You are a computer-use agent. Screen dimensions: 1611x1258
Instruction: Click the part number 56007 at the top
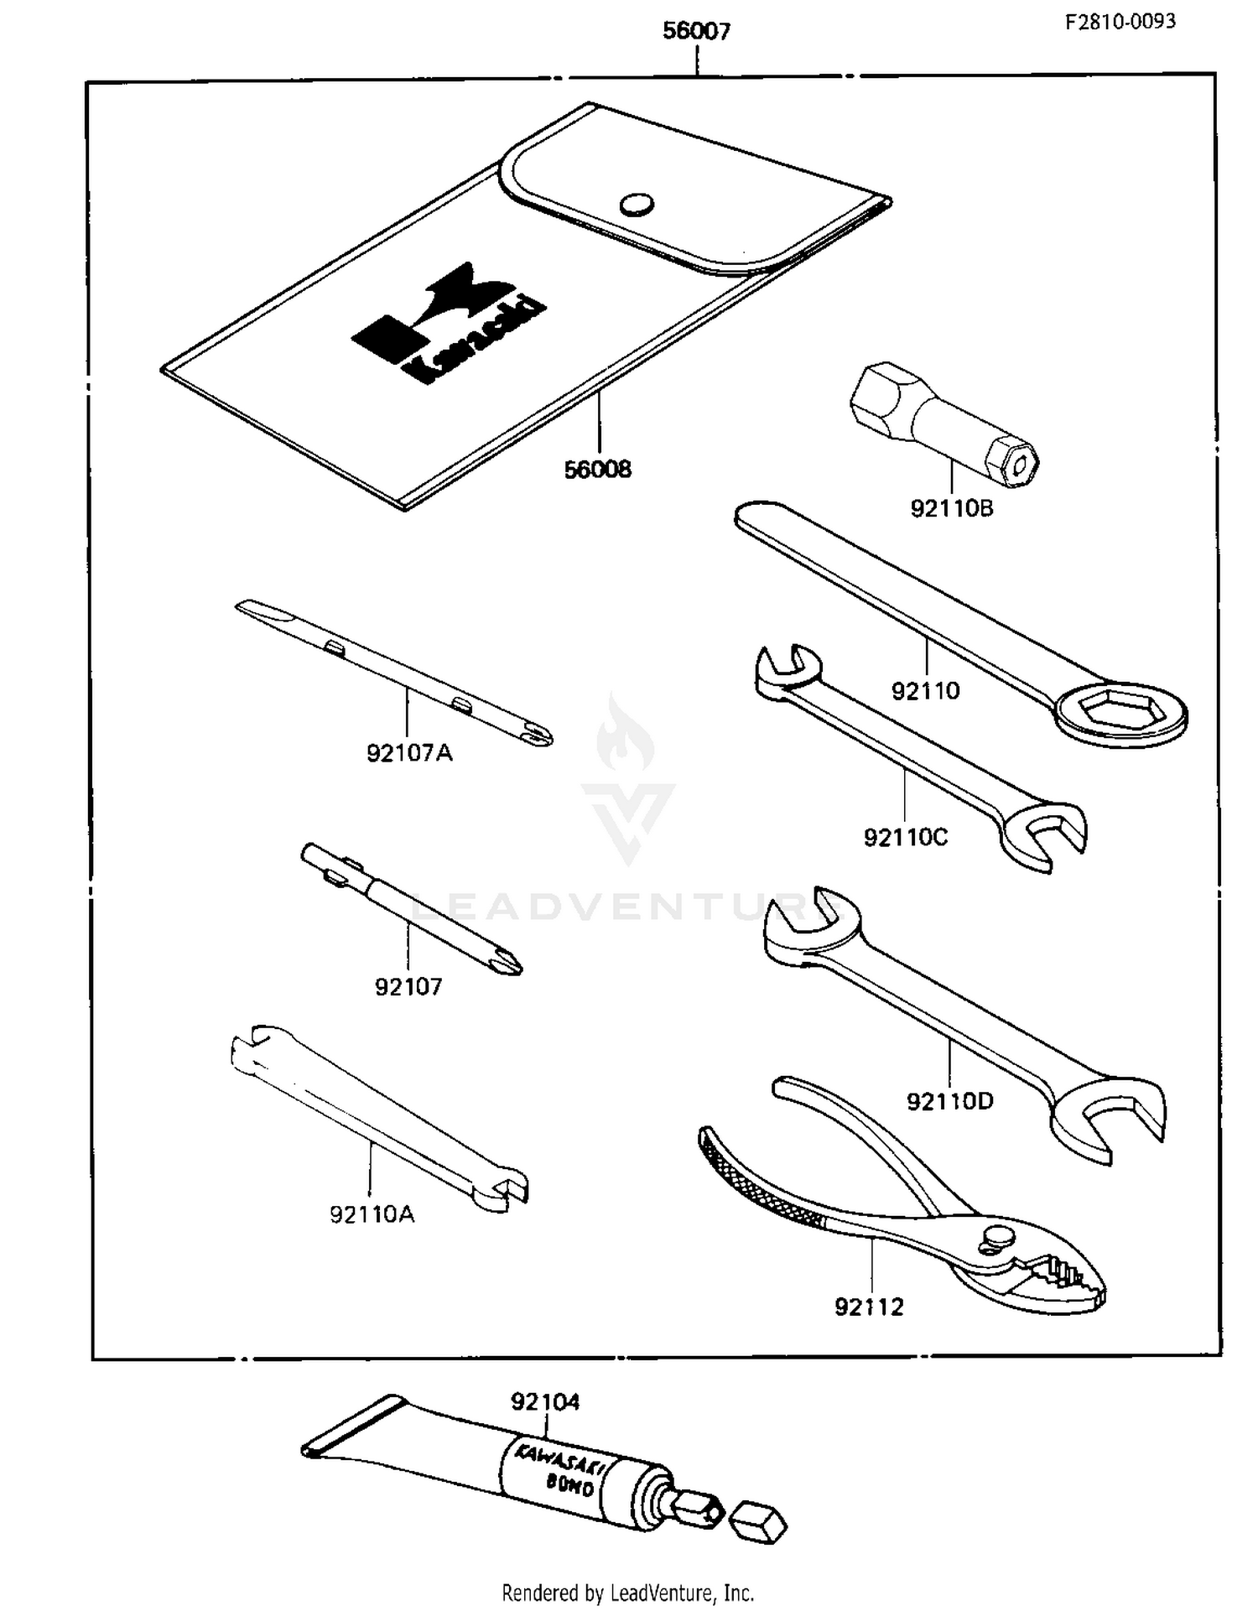696,31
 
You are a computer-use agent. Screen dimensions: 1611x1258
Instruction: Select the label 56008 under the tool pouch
597,470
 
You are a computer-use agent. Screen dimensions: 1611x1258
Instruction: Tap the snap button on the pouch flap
637,204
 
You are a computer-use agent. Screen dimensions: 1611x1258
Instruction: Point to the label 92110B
952,508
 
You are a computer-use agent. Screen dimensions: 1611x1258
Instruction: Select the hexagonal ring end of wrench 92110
1122,713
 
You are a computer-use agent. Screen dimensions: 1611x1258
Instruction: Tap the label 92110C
906,837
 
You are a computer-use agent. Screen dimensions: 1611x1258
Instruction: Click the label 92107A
409,753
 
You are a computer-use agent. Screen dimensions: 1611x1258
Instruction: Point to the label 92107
408,987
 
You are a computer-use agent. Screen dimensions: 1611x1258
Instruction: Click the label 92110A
372,1214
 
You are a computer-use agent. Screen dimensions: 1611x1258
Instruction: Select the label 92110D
949,1101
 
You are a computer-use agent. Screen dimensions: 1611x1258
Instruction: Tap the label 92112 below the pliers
869,1307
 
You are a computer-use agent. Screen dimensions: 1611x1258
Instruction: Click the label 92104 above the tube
545,1402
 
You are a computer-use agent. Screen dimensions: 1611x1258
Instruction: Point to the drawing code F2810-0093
1120,22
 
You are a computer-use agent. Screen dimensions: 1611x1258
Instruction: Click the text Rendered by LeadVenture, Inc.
627,1592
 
